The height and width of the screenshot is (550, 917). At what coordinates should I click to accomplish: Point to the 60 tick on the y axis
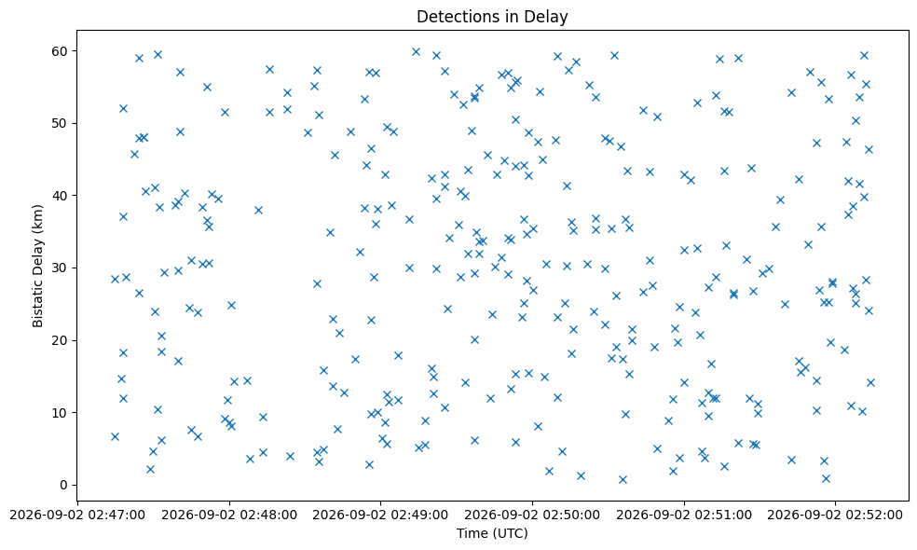click(60, 51)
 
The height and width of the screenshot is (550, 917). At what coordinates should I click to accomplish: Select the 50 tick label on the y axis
click(60, 123)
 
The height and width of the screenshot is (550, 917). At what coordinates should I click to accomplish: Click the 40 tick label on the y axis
click(60, 196)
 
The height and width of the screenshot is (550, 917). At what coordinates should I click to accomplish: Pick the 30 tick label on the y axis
click(60, 268)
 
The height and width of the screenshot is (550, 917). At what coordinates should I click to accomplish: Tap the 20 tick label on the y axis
click(60, 340)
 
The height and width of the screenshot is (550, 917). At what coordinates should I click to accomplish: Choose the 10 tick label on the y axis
click(60, 412)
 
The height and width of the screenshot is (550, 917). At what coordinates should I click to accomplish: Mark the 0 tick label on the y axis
click(63, 485)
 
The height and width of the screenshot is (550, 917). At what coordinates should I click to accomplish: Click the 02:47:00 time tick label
click(77, 516)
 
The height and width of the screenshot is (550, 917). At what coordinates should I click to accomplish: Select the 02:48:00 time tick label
click(229, 516)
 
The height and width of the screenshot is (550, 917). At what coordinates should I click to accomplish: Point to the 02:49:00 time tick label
click(381, 516)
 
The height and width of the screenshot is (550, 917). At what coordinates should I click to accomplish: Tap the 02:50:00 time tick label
click(532, 516)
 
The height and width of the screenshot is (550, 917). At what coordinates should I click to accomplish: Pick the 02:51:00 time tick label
click(684, 516)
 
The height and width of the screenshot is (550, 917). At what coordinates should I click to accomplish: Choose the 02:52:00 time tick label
click(836, 516)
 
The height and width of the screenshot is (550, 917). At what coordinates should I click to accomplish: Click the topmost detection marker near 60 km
click(416, 52)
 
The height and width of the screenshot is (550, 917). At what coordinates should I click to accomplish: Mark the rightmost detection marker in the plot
click(870, 382)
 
